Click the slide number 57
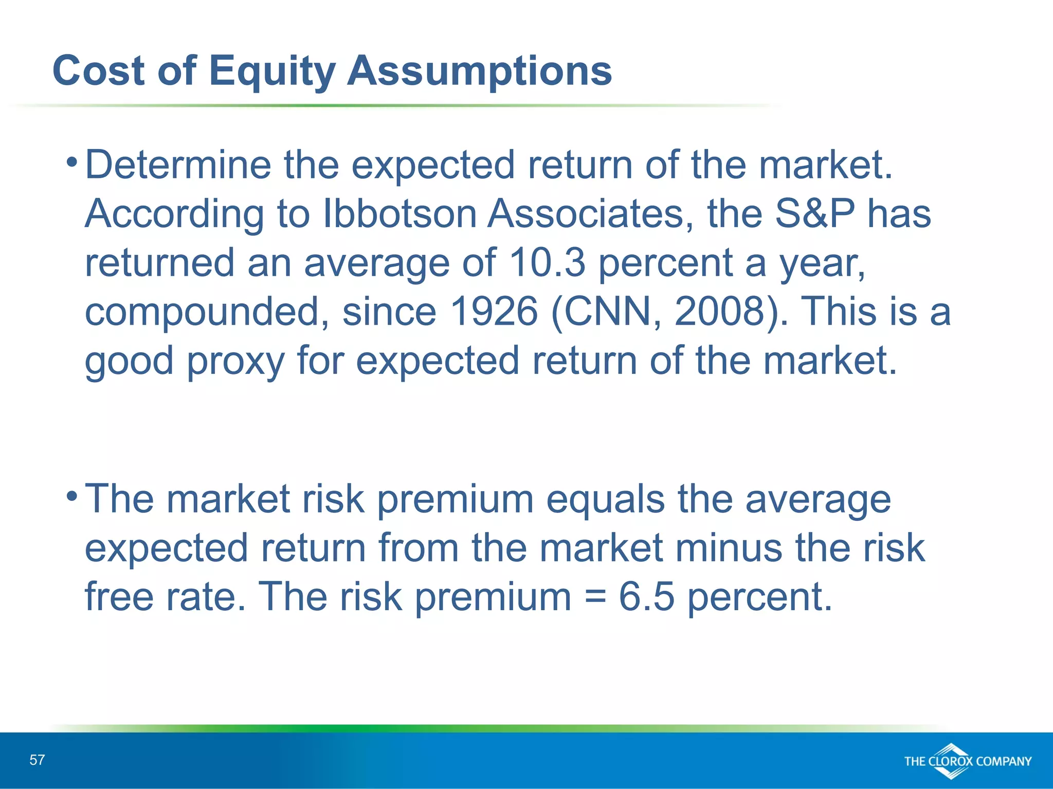tap(37, 760)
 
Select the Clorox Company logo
tap(967, 761)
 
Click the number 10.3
tap(547, 262)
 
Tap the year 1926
tap(494, 311)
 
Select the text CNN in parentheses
tap(607, 311)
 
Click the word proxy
tap(235, 361)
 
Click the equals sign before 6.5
tap(595, 597)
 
